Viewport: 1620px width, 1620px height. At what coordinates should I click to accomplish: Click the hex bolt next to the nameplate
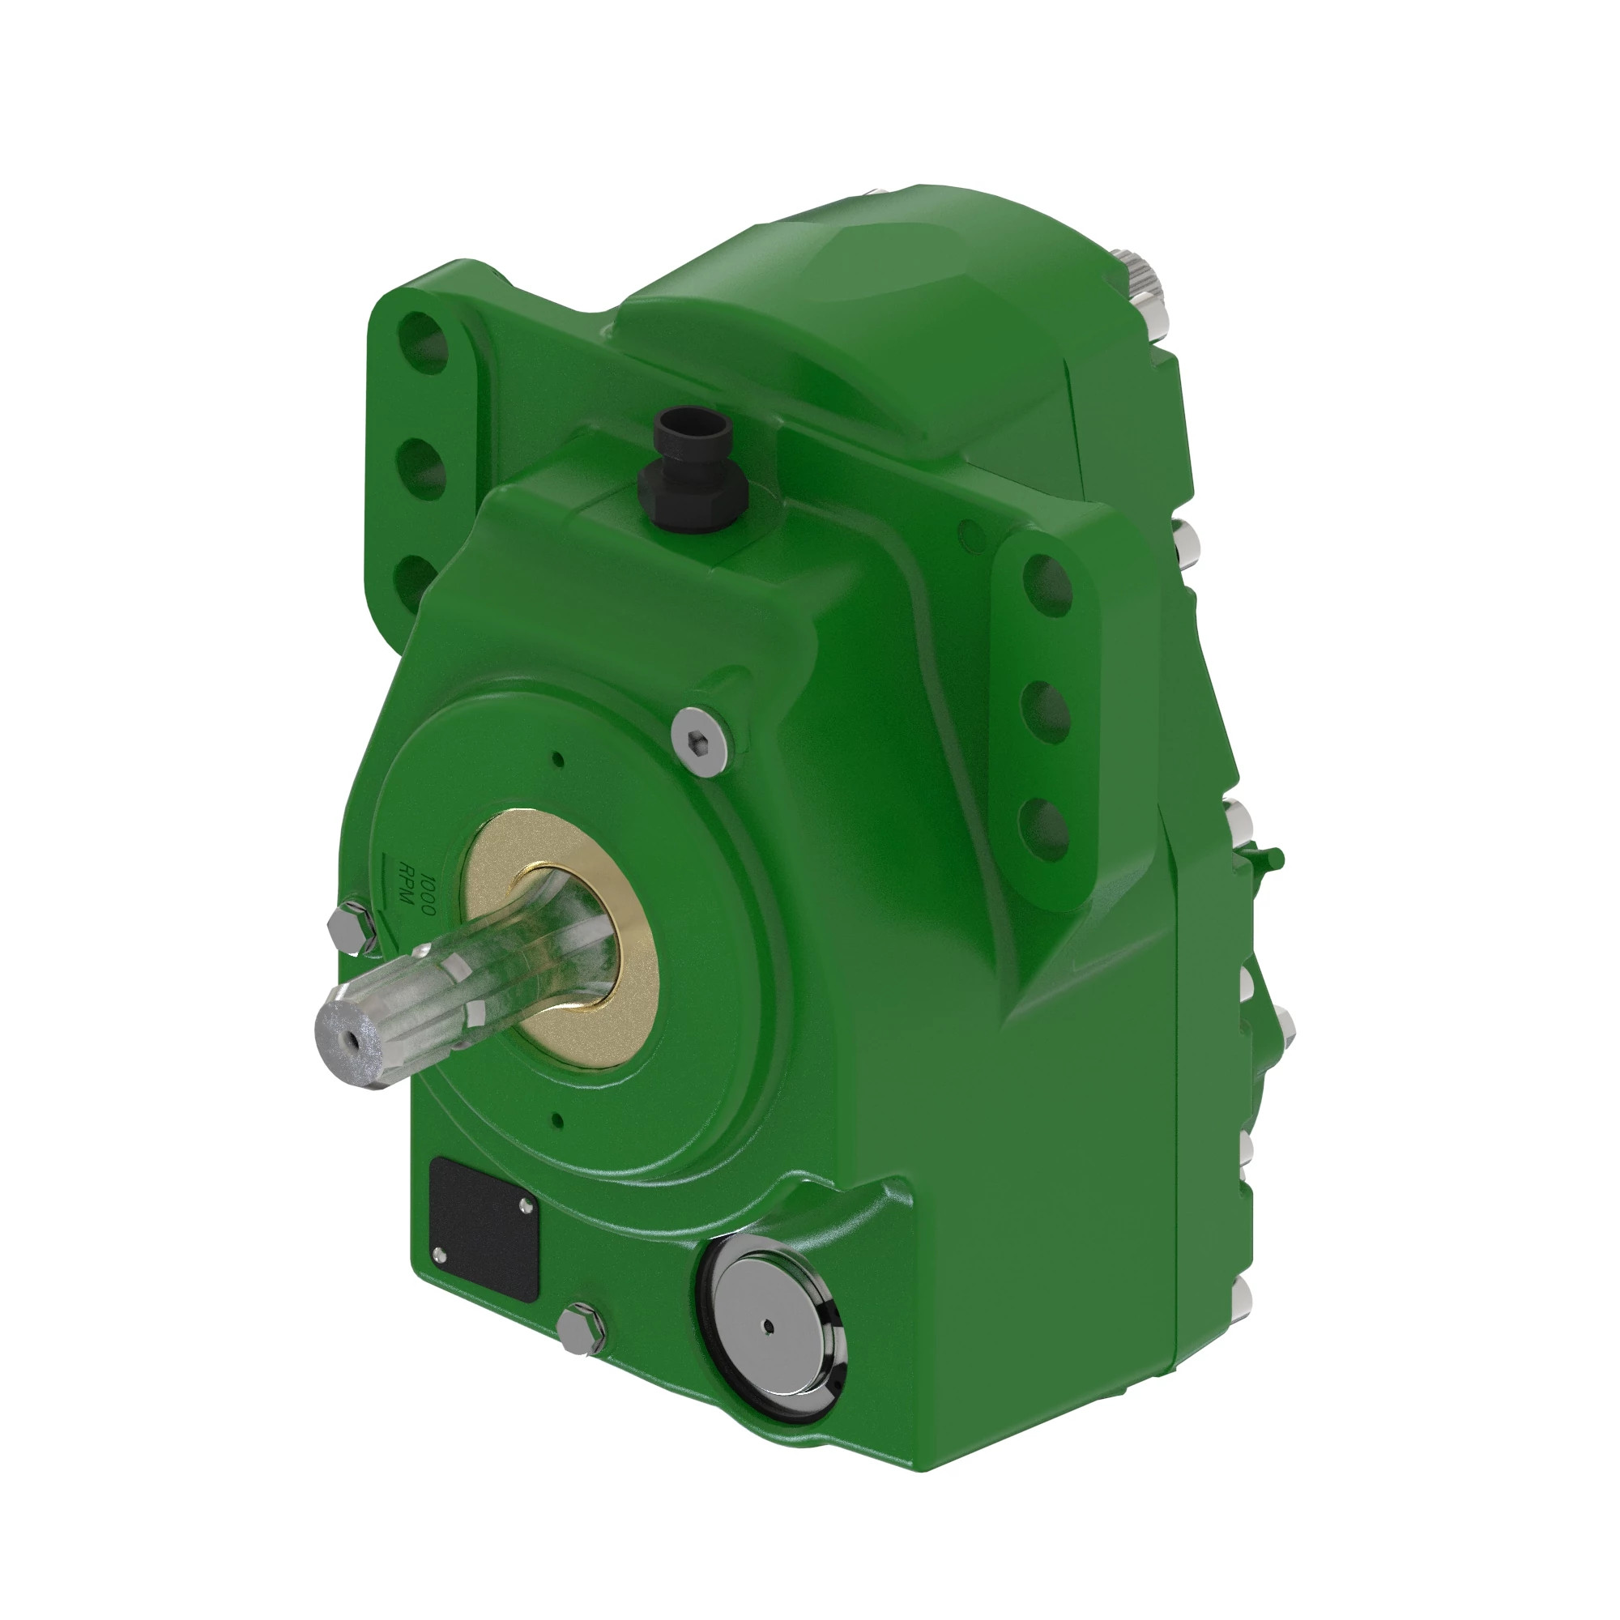pos(581,1328)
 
